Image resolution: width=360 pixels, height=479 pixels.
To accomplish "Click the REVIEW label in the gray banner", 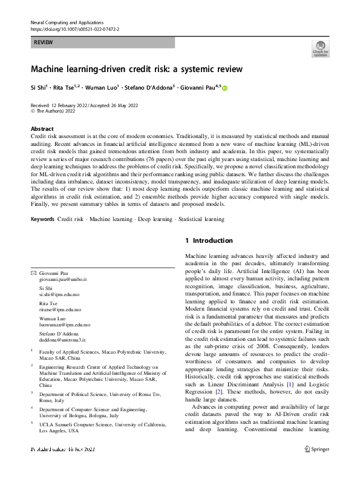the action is (44, 42).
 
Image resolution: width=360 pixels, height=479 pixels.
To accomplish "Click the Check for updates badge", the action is (321, 48).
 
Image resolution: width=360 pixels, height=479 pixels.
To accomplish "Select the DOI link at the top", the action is (74, 28).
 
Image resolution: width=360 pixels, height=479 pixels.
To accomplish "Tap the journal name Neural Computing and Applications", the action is (67, 22).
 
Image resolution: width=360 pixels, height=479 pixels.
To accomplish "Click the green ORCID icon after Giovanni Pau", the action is (225, 88).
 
